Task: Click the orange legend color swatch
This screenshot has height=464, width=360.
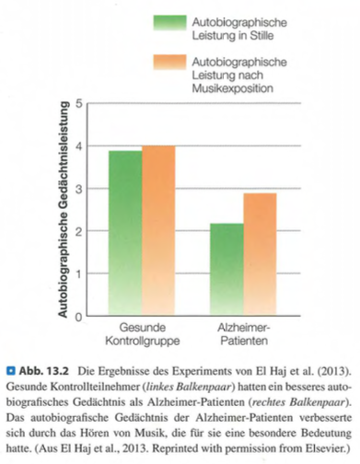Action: [x=172, y=66]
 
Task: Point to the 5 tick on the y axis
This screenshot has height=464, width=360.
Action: [x=80, y=103]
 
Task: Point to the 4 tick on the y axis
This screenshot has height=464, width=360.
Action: [x=80, y=145]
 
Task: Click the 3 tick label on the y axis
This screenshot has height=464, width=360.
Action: [x=80, y=189]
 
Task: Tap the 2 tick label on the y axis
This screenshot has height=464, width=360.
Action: [x=80, y=231]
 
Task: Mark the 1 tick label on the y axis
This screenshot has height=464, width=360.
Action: [x=80, y=273]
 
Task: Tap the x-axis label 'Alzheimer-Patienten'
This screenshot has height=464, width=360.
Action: [x=243, y=334]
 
